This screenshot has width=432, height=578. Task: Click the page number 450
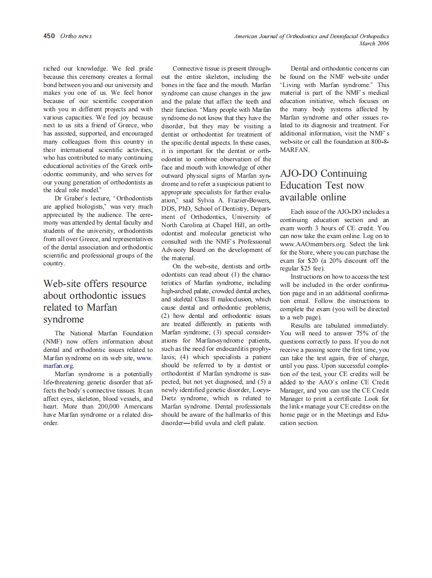48,36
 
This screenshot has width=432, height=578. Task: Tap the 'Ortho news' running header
76,36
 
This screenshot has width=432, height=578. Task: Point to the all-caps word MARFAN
295,150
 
